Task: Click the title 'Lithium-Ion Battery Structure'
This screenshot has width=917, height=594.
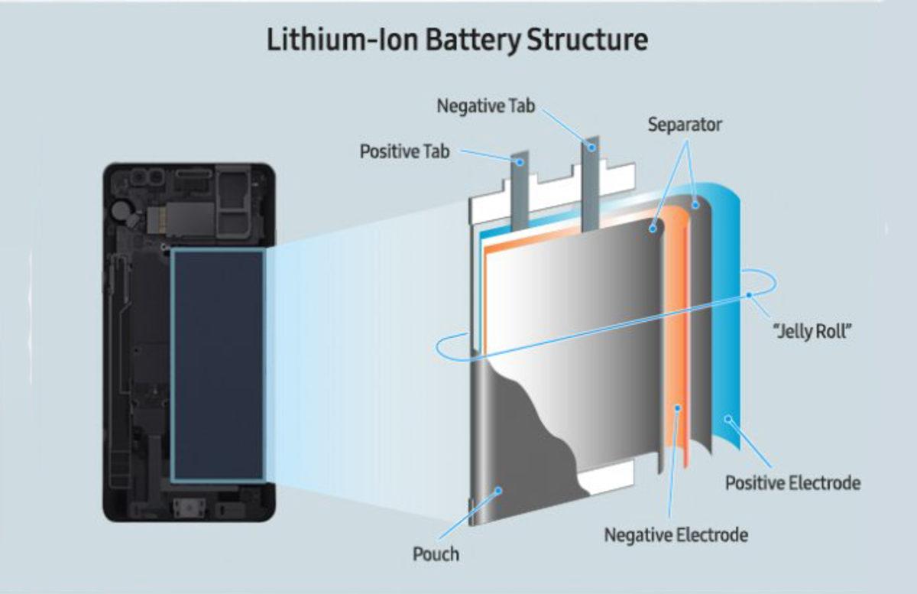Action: (x=457, y=40)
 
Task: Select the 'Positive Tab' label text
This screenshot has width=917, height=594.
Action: (x=404, y=151)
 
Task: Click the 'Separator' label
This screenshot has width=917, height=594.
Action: (x=685, y=124)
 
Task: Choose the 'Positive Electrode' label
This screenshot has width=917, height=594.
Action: (x=792, y=483)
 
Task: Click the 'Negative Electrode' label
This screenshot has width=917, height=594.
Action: (x=676, y=534)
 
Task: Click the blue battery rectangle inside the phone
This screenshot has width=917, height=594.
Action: (x=218, y=365)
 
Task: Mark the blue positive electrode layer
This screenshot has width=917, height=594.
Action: (x=730, y=321)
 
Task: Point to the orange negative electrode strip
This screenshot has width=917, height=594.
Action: (x=677, y=344)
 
